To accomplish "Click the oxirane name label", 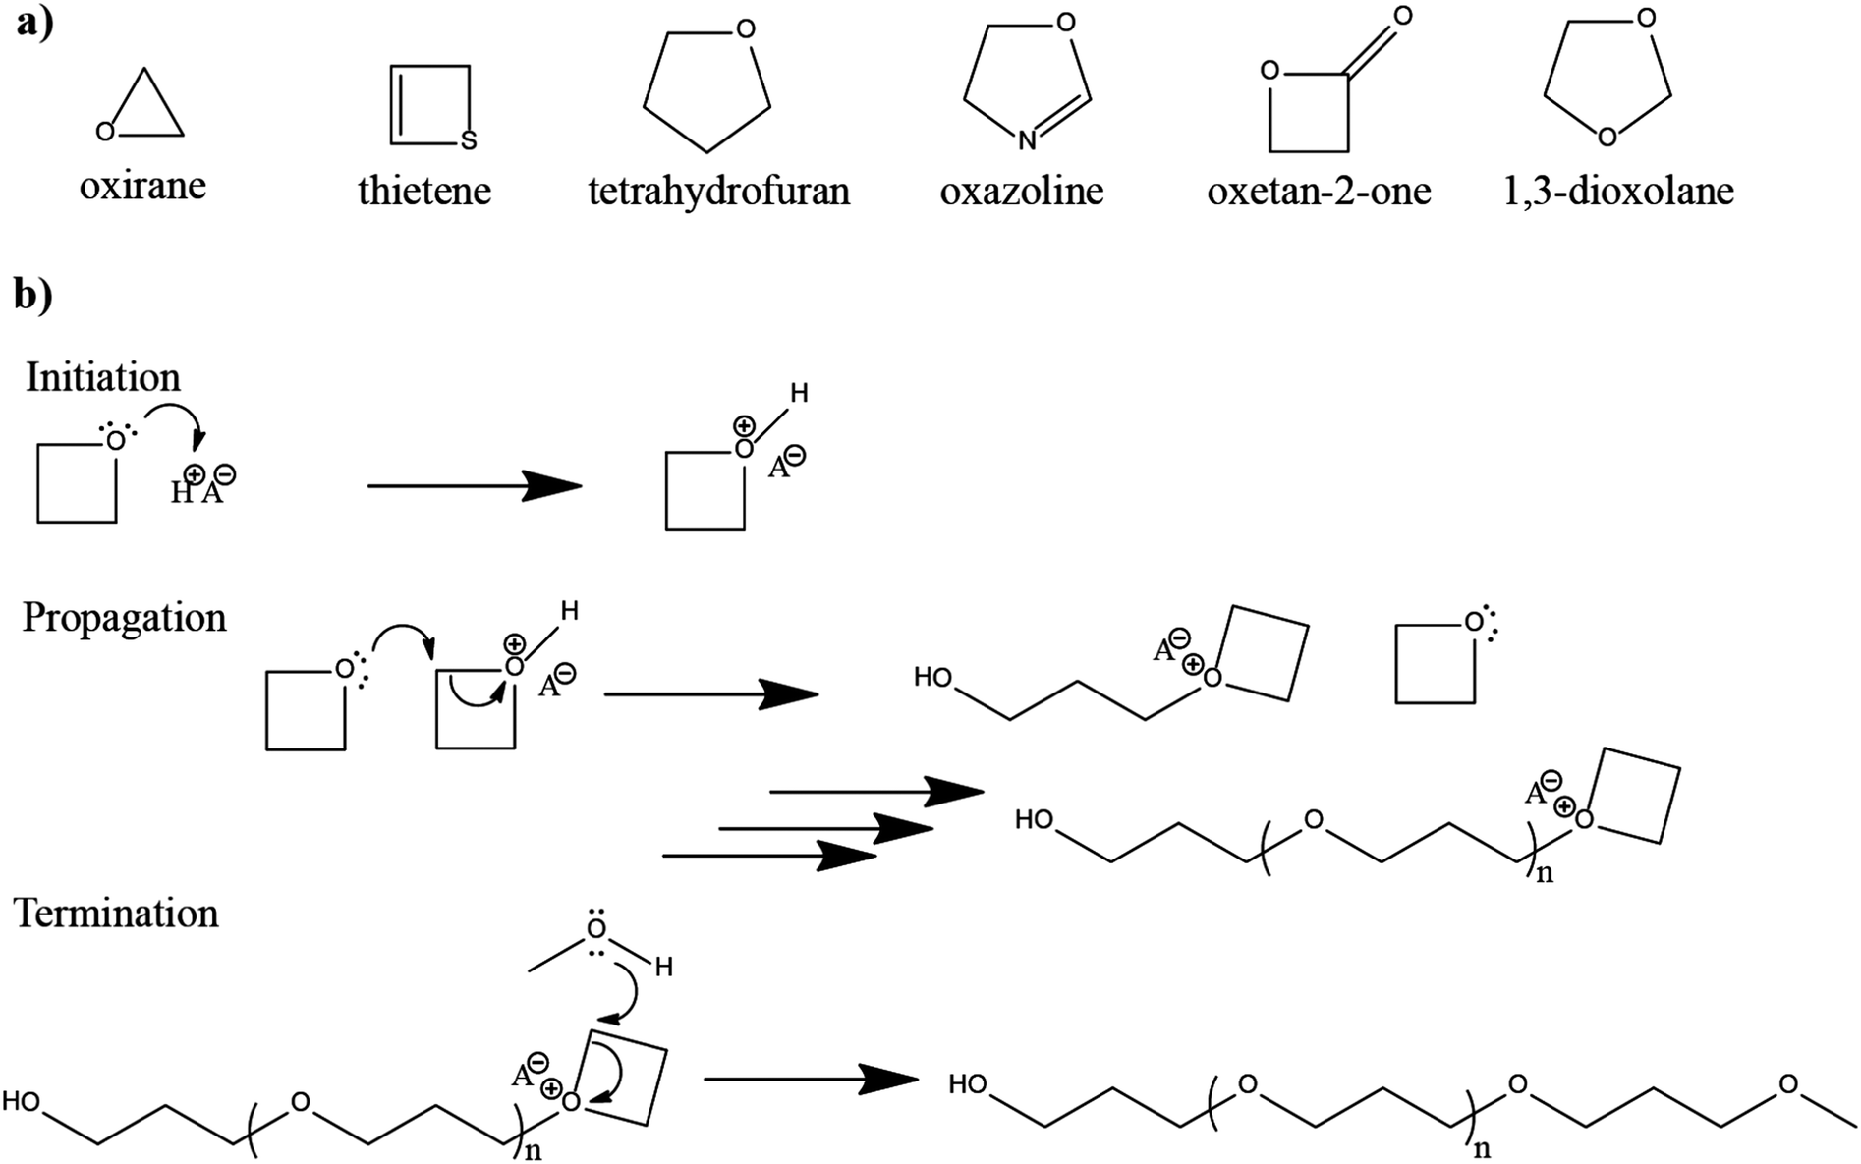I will point(142,185).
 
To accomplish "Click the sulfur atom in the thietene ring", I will point(469,141).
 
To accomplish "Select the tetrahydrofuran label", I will point(718,190).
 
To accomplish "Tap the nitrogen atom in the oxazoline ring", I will point(1027,141).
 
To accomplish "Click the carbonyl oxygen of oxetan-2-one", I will point(1403,16).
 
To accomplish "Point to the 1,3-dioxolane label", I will point(1617,190).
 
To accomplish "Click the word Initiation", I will point(103,377).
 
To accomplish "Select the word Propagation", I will point(124,617).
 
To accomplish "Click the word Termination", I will point(116,913).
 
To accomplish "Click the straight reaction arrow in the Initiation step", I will point(474,485).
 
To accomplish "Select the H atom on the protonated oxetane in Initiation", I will point(799,394).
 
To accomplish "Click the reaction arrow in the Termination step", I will point(811,1079).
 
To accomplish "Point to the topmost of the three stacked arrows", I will point(874,791).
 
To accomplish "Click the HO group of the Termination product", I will point(968,1084).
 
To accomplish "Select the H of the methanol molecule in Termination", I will point(664,968).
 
